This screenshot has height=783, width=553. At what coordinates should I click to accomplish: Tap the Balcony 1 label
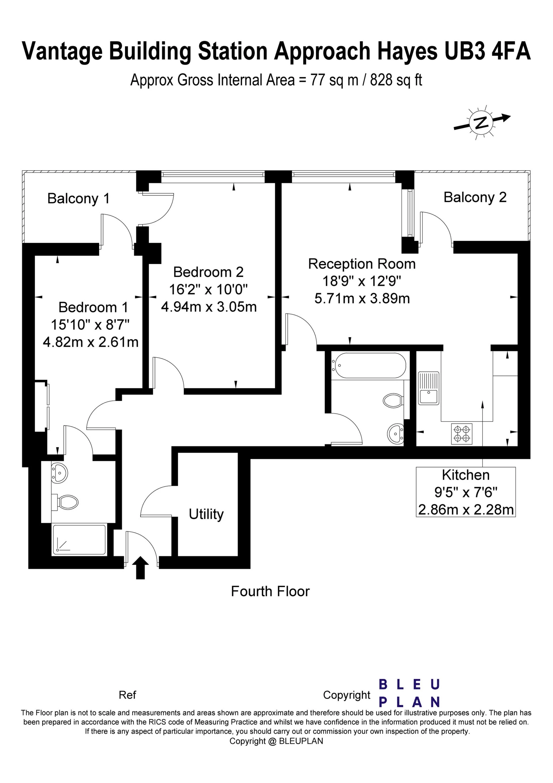pyautogui.click(x=78, y=199)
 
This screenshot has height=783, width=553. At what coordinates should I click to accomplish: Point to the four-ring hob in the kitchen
pyautogui.click(x=462, y=434)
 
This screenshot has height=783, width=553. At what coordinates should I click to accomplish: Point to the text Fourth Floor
pyautogui.click(x=270, y=591)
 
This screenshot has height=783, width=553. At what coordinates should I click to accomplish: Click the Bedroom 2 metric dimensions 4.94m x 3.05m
pyautogui.click(x=209, y=307)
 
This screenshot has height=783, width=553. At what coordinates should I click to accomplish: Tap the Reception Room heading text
pyautogui.click(x=362, y=264)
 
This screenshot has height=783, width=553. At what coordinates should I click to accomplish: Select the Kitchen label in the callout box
pyautogui.click(x=465, y=475)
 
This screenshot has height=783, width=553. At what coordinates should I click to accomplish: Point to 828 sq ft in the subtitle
pyautogui.click(x=396, y=80)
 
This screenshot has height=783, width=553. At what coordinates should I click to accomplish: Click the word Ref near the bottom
pyautogui.click(x=127, y=695)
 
